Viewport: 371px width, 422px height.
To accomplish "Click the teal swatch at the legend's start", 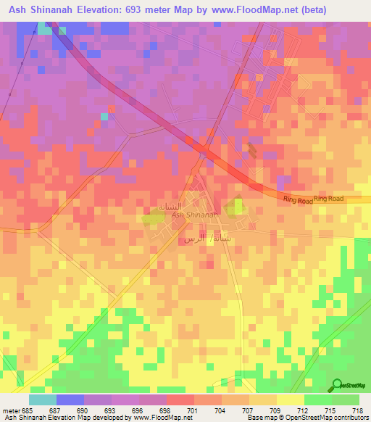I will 42,400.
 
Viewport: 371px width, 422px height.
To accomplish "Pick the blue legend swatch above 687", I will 70,400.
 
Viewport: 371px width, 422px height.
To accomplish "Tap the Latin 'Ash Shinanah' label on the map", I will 194,215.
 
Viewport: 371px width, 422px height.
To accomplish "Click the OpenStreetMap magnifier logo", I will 337,385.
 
